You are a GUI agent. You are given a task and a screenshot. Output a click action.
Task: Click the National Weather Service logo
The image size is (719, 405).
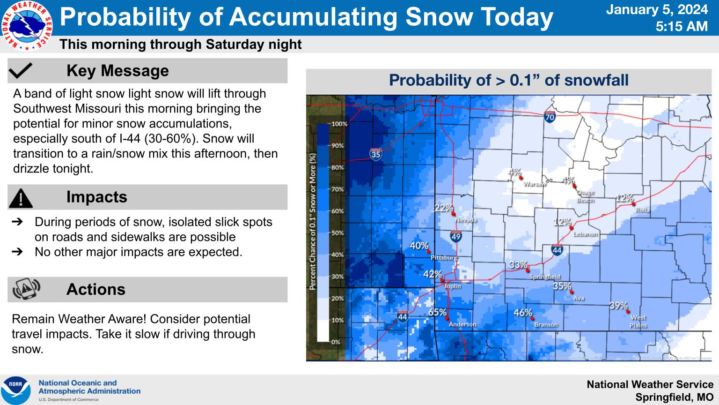27,26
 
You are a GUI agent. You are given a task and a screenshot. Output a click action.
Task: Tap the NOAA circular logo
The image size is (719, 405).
16,390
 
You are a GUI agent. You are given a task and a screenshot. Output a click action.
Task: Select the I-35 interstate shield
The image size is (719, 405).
376,153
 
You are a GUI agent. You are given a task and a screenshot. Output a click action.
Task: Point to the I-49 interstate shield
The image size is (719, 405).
456,236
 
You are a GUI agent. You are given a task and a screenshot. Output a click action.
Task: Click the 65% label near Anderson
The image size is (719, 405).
437,312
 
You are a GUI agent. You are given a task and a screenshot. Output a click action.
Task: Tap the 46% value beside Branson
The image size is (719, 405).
522,313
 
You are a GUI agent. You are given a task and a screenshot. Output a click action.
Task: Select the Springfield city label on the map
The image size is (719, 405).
544,277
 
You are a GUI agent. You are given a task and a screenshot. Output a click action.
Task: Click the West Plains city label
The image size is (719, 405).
638,322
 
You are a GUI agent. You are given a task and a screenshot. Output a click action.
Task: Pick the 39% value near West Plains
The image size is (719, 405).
618,306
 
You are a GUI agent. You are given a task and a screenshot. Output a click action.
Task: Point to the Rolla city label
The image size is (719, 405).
643,210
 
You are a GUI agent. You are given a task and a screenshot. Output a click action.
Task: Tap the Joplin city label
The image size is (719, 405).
452,286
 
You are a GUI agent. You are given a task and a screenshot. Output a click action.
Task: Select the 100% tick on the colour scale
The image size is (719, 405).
339,124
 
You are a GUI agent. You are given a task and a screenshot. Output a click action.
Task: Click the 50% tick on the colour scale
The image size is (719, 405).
337,233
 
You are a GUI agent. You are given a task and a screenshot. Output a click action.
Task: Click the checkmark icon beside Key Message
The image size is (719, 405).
21,71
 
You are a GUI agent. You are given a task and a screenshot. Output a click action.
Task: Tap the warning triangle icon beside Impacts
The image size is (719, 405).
21,197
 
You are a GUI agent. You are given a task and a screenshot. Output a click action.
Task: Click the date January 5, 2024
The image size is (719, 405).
657,9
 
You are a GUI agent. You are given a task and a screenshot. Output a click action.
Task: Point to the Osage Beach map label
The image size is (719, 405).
585,196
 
